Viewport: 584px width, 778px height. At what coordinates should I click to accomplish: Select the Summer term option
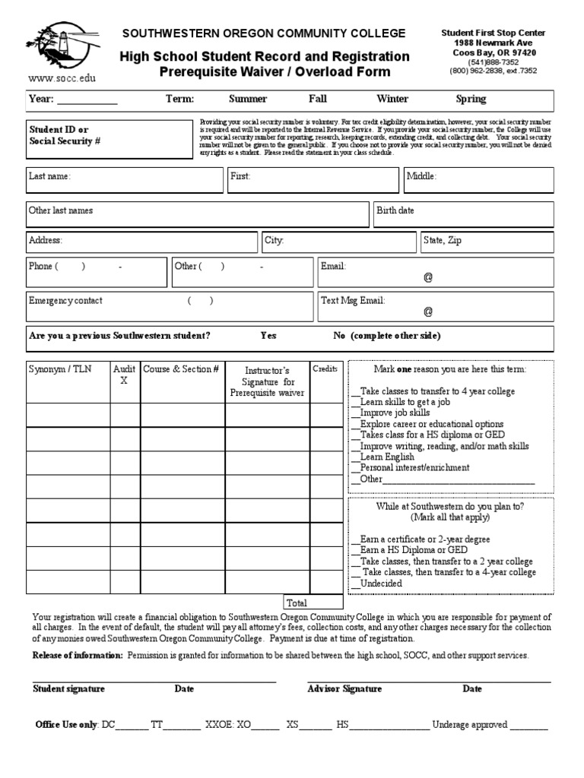click(248, 99)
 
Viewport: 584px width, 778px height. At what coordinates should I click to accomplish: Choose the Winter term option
click(392, 99)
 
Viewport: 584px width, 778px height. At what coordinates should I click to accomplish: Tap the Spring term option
click(471, 99)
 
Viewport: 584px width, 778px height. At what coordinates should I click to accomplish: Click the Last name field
click(125, 180)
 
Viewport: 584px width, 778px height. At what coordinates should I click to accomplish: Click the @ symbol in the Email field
click(428, 278)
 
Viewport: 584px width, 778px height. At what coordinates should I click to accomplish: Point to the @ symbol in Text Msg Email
click(428, 312)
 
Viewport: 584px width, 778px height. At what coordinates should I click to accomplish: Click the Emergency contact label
click(65, 301)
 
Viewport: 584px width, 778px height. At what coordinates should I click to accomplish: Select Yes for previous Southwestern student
click(268, 336)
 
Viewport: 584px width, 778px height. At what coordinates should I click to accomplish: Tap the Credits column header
click(325, 368)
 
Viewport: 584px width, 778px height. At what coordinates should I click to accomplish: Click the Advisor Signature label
click(344, 689)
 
